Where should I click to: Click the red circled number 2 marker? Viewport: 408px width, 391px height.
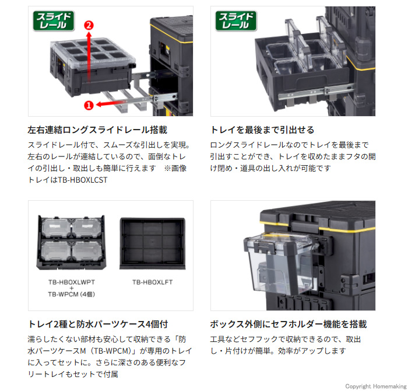tap(89, 26)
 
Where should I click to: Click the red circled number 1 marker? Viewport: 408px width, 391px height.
tap(89, 105)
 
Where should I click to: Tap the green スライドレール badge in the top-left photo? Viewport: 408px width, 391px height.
tap(54, 21)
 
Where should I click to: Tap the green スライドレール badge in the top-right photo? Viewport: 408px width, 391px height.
tap(236, 21)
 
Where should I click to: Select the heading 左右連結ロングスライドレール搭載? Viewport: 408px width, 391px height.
tap(97, 130)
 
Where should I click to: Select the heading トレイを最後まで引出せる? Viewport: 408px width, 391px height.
tap(262, 130)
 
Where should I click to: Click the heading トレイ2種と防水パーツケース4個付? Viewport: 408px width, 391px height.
tap(98, 324)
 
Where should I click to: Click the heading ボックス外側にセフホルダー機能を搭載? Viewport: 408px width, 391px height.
tap(289, 324)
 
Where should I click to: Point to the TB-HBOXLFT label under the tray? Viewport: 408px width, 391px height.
tap(153, 282)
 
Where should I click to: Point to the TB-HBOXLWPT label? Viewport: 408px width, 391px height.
tap(72, 282)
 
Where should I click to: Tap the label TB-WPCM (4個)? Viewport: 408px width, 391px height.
tap(72, 294)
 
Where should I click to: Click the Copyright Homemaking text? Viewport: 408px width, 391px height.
tap(376, 386)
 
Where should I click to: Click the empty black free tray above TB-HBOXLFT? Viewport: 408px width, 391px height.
tap(153, 243)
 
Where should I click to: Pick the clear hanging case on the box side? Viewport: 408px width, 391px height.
tap(280, 263)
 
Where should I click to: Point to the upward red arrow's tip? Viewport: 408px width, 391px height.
tap(89, 32)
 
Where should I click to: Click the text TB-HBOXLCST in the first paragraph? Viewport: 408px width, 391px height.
tap(82, 180)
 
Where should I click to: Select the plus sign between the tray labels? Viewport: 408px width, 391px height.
tap(72, 288)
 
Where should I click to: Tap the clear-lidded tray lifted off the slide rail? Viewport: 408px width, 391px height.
tap(93, 67)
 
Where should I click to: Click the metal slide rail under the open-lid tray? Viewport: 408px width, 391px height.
tap(316, 93)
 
